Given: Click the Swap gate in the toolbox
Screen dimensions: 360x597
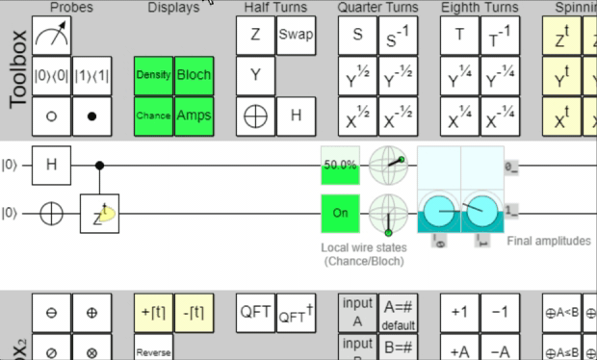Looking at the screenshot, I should point(296,36).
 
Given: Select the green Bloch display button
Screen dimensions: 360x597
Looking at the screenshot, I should point(194,75).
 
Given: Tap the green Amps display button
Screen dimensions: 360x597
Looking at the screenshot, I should point(194,116).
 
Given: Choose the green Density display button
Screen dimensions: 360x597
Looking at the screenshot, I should point(153,75).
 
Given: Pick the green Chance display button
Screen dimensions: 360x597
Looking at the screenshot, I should point(153,116).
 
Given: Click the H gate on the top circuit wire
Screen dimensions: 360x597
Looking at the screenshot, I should point(52,166).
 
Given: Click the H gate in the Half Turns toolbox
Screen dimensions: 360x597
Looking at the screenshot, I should point(296,116).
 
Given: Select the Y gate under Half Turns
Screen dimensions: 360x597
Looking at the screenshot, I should point(255,75).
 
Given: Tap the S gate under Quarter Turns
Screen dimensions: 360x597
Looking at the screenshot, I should point(357,36).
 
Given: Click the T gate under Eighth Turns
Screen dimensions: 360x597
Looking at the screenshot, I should point(459,36).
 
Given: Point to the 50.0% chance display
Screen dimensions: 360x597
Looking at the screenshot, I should point(339,166).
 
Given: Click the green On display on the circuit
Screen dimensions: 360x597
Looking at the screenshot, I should point(339,213).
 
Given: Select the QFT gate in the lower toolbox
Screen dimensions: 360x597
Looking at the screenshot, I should point(255,313).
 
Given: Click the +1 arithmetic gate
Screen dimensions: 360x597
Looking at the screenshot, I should point(459,313).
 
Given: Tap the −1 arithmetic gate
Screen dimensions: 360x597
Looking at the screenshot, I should point(500,313).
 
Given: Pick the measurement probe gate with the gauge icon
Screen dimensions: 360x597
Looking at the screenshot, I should point(52,36).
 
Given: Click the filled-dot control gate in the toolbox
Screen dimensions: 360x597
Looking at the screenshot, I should point(92,116).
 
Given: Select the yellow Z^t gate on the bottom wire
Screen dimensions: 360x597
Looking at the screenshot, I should point(99,213).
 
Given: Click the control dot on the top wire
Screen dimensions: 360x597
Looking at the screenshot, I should point(99,166).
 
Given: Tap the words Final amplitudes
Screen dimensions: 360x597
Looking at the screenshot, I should point(549,242).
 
